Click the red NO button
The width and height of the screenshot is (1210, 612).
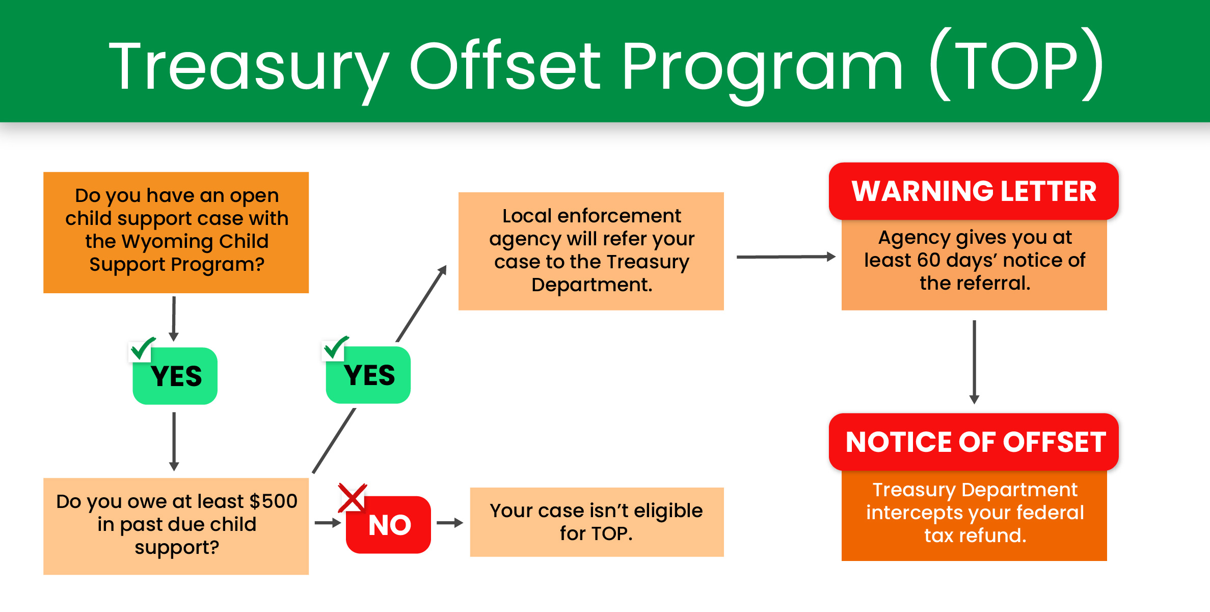(x=389, y=525)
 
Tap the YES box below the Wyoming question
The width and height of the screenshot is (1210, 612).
(x=175, y=376)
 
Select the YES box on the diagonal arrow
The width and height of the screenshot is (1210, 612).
(x=368, y=375)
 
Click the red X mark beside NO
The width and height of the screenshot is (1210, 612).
(x=352, y=498)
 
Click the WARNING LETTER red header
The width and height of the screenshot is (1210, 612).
(x=974, y=191)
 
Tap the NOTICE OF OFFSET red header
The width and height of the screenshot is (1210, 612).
(x=974, y=442)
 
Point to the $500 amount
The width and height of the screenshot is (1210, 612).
(x=274, y=501)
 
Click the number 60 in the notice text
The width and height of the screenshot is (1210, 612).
(x=928, y=260)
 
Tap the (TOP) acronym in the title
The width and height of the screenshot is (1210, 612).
(x=1016, y=66)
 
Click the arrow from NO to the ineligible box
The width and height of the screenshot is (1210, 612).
(x=450, y=523)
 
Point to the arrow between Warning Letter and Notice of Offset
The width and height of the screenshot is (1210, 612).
(x=974, y=362)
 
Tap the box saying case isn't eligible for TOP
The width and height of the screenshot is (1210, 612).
(x=597, y=522)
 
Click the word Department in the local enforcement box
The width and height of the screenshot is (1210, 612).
(x=591, y=285)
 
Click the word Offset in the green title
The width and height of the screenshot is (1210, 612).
(x=505, y=66)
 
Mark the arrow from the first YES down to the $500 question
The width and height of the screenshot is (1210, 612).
(x=174, y=441)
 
